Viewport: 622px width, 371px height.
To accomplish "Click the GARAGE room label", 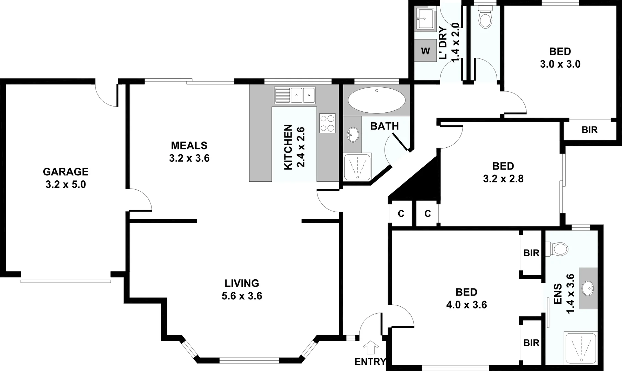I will [x=66, y=171].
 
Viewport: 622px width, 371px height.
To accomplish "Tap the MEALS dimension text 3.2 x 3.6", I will [x=189, y=158].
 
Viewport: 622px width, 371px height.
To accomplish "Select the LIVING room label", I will [x=242, y=283].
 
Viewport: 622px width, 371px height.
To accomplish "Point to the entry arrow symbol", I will [x=370, y=347].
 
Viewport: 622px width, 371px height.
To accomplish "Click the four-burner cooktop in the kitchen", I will [x=327, y=123].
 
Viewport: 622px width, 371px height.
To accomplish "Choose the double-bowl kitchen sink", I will [x=295, y=95].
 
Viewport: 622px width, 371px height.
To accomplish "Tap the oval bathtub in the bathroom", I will [x=377, y=100].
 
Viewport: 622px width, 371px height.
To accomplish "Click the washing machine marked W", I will [x=425, y=51].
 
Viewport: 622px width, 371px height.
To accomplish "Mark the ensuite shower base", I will [x=580, y=347].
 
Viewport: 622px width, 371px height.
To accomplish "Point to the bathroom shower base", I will [x=357, y=167].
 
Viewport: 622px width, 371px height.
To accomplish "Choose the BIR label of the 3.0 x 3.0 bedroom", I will [x=590, y=130].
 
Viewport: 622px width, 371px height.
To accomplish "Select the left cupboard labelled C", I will [x=401, y=214].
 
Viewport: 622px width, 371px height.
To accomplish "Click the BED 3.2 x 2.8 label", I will [x=503, y=166].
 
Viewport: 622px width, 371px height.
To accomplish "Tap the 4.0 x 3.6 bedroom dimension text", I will [x=466, y=305].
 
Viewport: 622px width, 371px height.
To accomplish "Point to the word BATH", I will [x=385, y=126].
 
